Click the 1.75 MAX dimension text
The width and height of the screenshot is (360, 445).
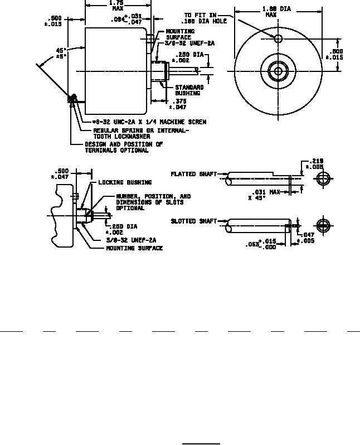point(117,6)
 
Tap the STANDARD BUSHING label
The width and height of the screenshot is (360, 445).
point(189,90)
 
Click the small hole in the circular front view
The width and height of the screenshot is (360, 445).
point(278,38)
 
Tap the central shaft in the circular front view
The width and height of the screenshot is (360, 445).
point(278,71)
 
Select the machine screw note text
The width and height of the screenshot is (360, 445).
point(149,122)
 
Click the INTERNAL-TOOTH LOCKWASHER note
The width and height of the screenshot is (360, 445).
point(140,133)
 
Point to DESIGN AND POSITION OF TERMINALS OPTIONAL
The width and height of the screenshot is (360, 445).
point(124,147)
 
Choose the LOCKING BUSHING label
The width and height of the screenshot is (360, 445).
point(125,182)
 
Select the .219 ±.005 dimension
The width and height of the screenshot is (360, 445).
point(316,164)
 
